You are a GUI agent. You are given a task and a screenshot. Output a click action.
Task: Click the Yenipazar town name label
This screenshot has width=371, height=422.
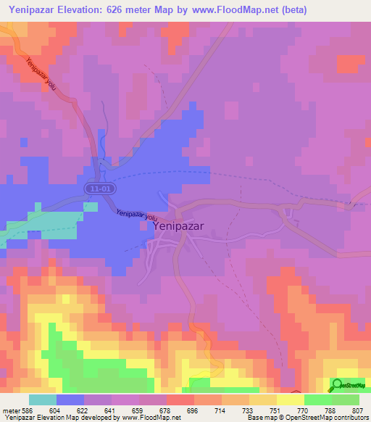[178, 226]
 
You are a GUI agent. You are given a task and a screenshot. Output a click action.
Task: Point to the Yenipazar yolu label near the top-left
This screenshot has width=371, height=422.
[41, 75]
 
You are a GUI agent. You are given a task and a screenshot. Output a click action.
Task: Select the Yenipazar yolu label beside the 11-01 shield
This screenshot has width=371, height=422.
[137, 216]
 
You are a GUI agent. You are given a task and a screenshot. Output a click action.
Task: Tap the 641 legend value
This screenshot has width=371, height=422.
[111, 410]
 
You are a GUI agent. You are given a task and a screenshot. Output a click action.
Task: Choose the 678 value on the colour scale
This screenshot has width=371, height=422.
[166, 410]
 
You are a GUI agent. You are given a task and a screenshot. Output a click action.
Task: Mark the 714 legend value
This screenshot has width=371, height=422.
[221, 410]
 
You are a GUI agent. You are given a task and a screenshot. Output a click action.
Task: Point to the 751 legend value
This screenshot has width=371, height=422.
[275, 410]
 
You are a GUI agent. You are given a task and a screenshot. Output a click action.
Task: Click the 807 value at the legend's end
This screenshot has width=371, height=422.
[358, 410]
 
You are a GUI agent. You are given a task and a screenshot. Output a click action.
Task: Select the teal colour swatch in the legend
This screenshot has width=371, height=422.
[43, 400]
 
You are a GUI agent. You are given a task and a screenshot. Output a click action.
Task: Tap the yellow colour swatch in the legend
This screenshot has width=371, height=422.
[290, 400]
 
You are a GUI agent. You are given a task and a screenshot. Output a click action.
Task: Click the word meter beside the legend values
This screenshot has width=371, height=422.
[11, 410]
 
